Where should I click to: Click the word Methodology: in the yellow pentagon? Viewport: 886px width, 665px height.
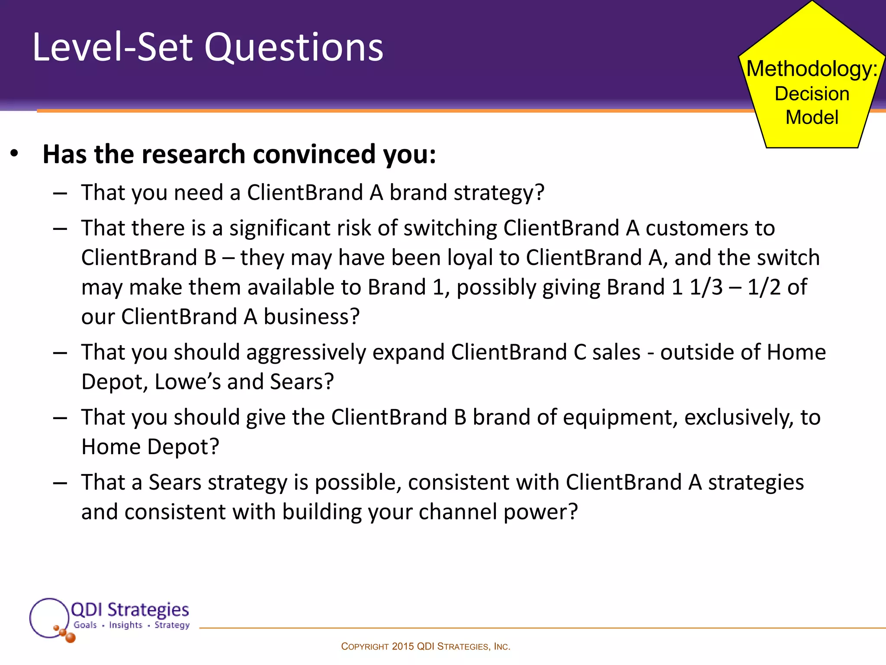point(812,69)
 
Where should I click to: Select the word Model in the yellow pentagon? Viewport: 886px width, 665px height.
point(812,117)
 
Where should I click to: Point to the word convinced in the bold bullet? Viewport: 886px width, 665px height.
point(315,154)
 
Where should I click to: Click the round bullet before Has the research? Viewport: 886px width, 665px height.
point(14,154)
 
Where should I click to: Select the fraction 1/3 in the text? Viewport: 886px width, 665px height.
point(706,287)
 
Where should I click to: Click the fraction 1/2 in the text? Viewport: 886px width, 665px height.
point(764,287)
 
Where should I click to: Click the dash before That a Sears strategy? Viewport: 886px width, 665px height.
point(60,483)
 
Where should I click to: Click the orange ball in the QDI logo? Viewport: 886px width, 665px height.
point(70,637)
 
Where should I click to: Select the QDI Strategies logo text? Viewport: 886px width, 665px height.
point(130,610)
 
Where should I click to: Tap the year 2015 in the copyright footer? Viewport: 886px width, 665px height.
point(403,647)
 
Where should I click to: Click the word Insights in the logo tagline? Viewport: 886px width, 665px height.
point(125,625)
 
